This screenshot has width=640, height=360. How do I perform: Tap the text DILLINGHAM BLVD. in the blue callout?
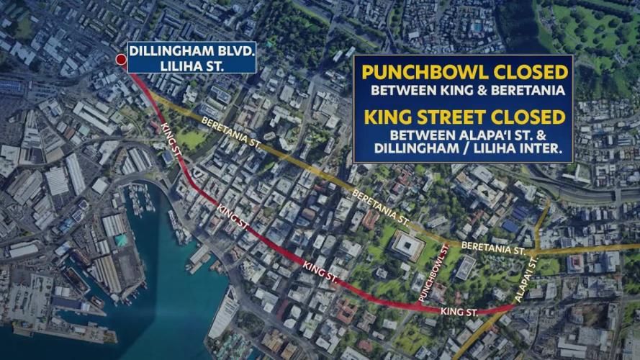point(190,53)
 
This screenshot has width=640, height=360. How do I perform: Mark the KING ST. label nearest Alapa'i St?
point(459,312)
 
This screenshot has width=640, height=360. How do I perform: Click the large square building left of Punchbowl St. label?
point(407,246)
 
